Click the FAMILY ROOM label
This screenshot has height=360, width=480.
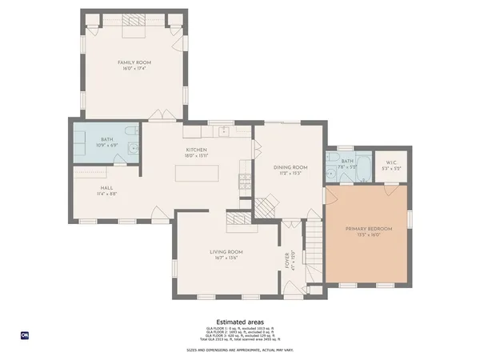click(134, 62)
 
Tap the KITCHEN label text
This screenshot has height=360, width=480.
click(198, 150)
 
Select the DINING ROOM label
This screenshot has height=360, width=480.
click(290, 167)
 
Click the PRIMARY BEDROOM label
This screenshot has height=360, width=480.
click(367, 228)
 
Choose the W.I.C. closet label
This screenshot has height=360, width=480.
click(390, 162)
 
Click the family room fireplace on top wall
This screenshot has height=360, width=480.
click(133, 29)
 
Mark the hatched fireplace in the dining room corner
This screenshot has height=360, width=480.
click(265, 206)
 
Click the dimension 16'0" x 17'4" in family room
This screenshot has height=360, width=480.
click(134, 68)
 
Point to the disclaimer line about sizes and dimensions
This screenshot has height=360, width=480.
click(239, 350)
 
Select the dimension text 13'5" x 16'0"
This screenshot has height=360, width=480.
click(367, 234)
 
